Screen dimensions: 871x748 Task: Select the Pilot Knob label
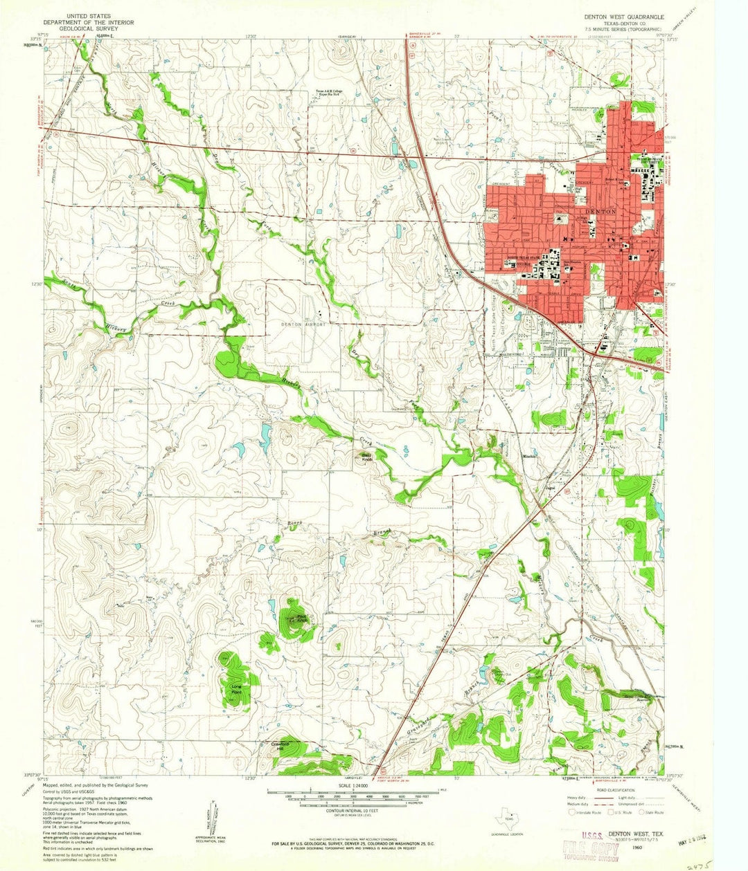pyautogui.click(x=296, y=619)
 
